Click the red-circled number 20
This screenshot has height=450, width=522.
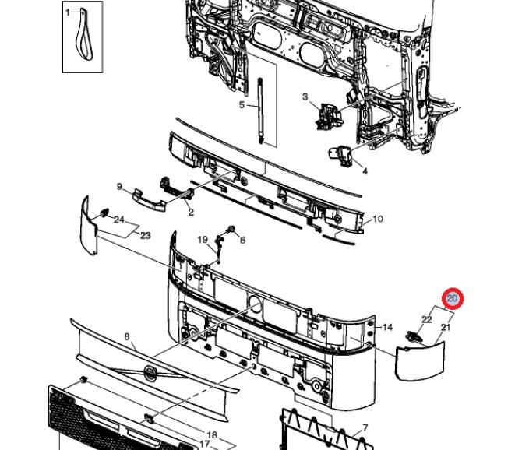click(453, 298)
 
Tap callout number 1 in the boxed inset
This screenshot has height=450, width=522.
click(68, 12)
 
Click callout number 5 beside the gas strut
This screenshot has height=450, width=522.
click(242, 105)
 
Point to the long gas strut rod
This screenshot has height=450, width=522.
click(260, 111)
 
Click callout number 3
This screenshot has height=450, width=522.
click(305, 97)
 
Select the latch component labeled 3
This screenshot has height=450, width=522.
click(329, 116)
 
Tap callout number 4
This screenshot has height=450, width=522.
click(365, 171)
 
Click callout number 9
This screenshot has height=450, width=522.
click(119, 187)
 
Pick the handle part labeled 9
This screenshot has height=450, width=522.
click(149, 200)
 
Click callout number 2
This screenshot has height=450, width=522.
click(191, 212)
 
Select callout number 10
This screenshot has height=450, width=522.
click(378, 219)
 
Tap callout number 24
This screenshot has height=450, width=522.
click(119, 220)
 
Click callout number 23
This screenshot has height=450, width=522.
click(146, 235)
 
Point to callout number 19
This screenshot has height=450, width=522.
click(203, 240)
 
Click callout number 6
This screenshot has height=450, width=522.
click(242, 240)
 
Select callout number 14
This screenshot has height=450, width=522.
click(387, 328)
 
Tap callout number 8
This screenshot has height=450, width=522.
click(127, 337)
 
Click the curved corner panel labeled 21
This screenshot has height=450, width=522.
click(420, 361)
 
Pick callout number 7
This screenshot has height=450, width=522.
click(365, 427)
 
